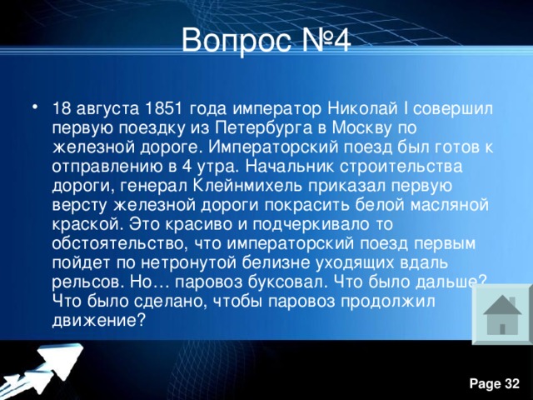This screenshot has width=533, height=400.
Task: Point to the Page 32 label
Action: click(x=495, y=382)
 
